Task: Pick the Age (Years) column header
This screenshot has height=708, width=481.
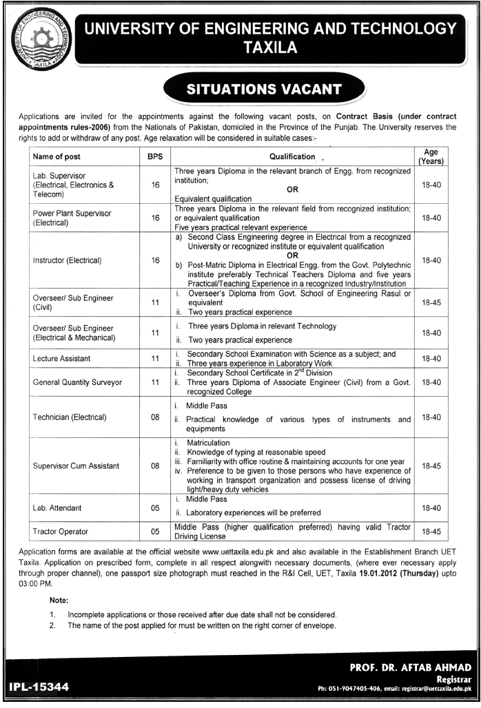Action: [x=431, y=156]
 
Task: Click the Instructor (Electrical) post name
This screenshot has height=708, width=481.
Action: [x=68, y=260]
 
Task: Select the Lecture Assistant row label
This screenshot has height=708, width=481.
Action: [x=61, y=359]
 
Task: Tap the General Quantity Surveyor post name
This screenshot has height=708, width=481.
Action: [x=77, y=382]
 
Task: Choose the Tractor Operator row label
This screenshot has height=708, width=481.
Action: [x=60, y=532]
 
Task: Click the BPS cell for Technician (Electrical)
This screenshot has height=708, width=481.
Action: [x=155, y=417]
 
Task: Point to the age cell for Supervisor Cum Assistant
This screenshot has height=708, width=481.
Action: [x=431, y=466]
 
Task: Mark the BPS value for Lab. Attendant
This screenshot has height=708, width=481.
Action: [x=155, y=508]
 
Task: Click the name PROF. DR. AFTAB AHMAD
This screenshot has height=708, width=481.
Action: [x=410, y=667]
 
